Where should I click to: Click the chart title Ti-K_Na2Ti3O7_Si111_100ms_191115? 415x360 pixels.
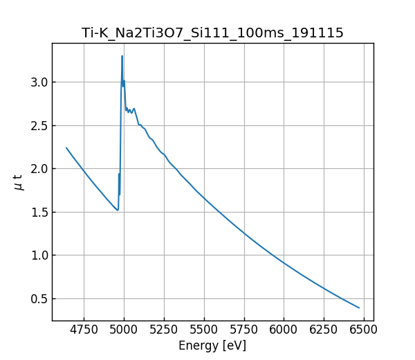click(212, 33)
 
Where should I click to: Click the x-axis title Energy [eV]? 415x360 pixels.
click(212, 345)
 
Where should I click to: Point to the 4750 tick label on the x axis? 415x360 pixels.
click(84, 330)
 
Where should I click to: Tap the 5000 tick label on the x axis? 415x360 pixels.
click(124, 330)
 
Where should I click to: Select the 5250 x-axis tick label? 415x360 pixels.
click(164, 330)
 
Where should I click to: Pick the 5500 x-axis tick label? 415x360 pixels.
click(204, 330)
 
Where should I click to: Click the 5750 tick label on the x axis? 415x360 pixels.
click(243, 330)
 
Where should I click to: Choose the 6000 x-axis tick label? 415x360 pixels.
click(284, 330)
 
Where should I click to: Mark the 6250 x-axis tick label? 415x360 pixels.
click(324, 330)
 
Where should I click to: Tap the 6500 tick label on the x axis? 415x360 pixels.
click(363, 330)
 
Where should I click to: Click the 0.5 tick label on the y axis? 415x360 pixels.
click(39, 299)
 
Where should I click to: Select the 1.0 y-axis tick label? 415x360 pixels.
click(39, 255)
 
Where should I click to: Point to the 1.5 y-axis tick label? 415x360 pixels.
click(39, 213)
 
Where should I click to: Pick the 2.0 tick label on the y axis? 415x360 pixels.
click(39, 169)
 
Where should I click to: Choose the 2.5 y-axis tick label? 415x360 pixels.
click(39, 126)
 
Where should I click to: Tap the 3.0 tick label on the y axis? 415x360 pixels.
click(39, 82)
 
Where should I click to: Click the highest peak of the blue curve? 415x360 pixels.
click(122, 56)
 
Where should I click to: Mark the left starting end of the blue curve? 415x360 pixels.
click(66, 148)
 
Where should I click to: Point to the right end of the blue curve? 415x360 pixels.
click(359, 308)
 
